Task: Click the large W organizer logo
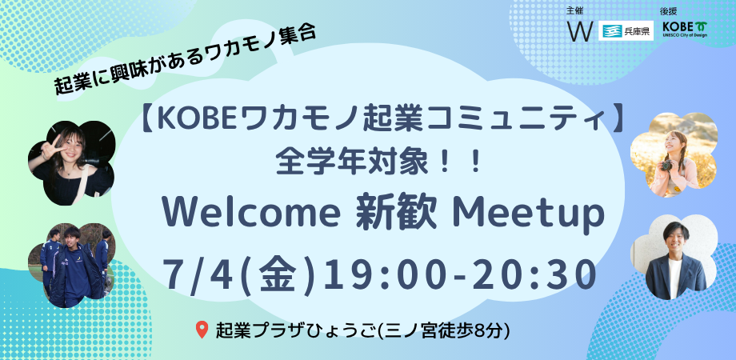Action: click(580, 31)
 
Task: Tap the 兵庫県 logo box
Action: click(626, 31)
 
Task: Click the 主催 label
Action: click(575, 10)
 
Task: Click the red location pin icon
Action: click(202, 330)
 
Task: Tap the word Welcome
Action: click(250, 214)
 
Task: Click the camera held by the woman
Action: click(667, 165)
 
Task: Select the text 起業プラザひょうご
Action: click(297, 330)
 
